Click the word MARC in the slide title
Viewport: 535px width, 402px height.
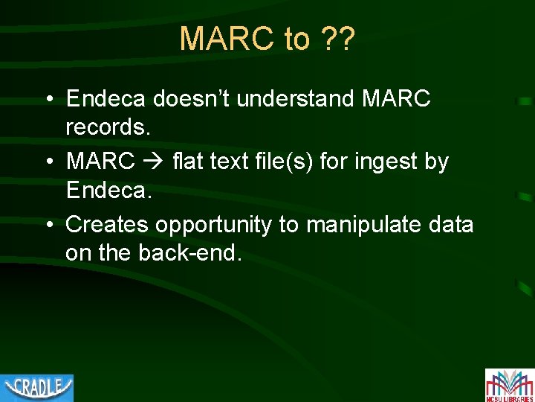tap(227, 39)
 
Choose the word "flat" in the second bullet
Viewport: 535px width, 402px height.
tap(186, 161)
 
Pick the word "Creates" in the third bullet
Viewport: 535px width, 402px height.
tap(106, 224)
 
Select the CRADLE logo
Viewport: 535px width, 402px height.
tap(37, 387)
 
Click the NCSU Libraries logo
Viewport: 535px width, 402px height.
tap(509, 385)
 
